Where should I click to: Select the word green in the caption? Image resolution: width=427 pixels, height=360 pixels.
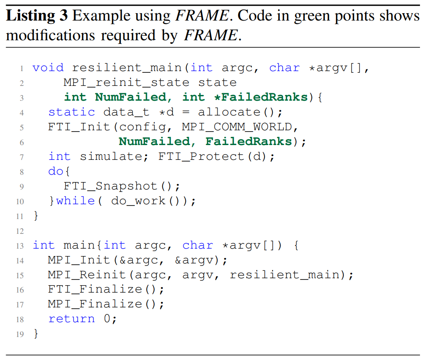pyautogui.click(x=306, y=16)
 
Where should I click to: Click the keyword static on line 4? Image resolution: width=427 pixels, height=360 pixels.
pyautogui.click(x=72, y=112)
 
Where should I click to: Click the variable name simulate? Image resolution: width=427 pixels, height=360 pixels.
pyautogui.click(x=111, y=157)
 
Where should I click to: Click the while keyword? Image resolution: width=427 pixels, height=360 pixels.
pyautogui.click(x=75, y=201)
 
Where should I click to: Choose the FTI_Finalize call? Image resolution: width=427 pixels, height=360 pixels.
pyautogui.click(x=95, y=290)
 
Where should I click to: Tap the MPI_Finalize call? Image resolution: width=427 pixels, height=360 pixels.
pyautogui.click(x=95, y=305)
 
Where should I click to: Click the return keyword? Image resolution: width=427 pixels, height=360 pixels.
pyautogui.click(x=72, y=319)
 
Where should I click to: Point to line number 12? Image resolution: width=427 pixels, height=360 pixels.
pyautogui.click(x=20, y=231)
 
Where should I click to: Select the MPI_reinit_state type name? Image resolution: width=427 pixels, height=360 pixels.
pyautogui.click(x=126, y=83)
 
